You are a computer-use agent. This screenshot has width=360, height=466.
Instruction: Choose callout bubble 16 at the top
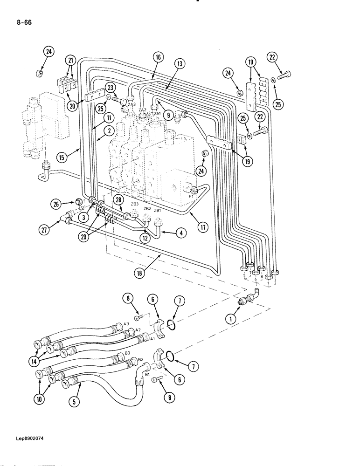pos(158,57)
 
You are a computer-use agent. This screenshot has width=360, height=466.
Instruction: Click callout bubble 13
pos(180,63)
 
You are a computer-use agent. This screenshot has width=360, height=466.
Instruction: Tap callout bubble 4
pos(182,231)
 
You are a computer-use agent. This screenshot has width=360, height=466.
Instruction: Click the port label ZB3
pos(135,204)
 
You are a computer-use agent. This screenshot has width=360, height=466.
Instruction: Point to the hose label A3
pos(125,324)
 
